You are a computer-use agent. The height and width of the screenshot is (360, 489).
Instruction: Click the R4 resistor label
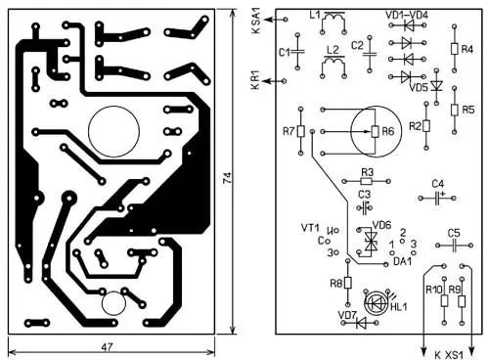[467, 49]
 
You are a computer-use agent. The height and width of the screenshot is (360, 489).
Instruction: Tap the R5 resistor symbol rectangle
[455, 110]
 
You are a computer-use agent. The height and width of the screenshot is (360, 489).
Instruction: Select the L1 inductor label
[315, 15]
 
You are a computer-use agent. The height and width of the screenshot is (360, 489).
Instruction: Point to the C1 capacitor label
[285, 52]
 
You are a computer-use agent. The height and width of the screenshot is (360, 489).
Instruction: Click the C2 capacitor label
[357, 45]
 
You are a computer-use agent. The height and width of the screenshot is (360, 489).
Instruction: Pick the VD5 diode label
[418, 87]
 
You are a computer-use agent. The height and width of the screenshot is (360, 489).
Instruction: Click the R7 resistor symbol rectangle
[300, 131]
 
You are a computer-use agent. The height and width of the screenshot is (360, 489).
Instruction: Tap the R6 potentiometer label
[388, 131]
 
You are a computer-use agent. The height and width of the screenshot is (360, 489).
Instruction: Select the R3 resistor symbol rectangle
[367, 181]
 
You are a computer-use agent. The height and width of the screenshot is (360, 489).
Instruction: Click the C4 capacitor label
[437, 184]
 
